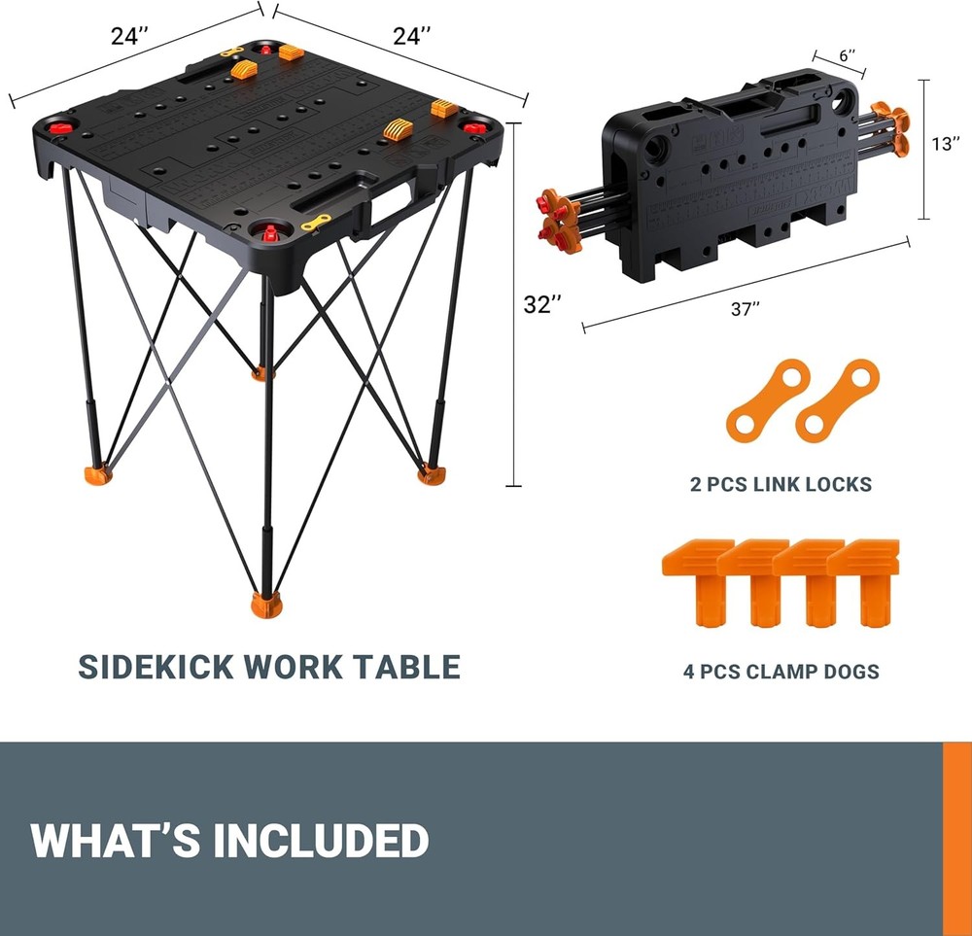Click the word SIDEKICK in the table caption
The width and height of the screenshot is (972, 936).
[x=156, y=667]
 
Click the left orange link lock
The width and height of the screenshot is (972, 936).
[x=768, y=398]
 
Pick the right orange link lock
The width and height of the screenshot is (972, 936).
[x=837, y=398]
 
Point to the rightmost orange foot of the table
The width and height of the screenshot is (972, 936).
[x=429, y=472]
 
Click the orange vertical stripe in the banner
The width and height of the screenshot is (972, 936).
[x=956, y=838]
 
